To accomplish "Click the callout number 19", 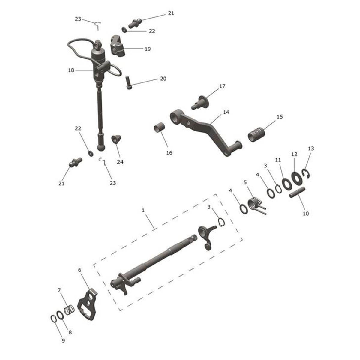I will [148, 49].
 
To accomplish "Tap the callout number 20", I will [163, 79].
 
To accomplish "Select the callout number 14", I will [226, 112].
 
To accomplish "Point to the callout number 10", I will [306, 214].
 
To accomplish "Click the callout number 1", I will [143, 210].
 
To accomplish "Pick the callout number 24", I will [120, 162].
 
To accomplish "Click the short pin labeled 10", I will [298, 193].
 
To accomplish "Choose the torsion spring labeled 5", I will [256, 204].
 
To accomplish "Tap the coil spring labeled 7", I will [70, 309].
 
